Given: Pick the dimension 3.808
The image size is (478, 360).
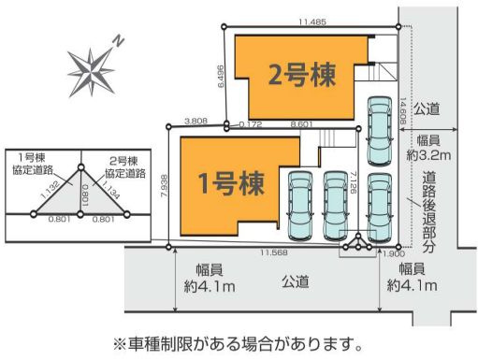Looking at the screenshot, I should click(x=196, y=121).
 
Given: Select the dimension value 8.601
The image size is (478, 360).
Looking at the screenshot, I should click(x=302, y=122).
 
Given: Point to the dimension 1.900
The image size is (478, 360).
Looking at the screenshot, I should click(x=394, y=253).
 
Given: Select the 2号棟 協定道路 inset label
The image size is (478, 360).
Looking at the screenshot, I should click(x=124, y=166).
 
